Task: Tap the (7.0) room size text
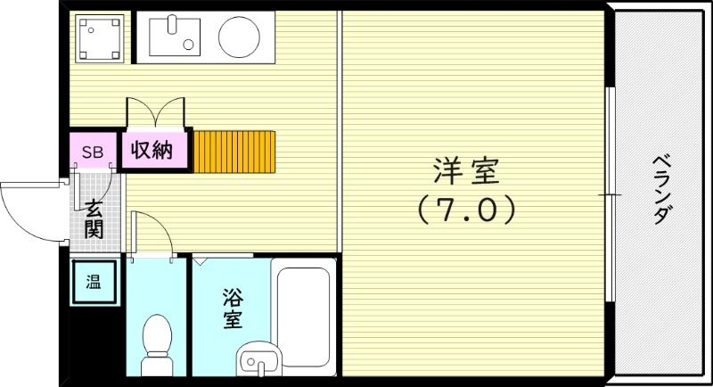(x=466, y=210)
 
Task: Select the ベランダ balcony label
(x=661, y=189)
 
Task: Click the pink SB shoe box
(x=93, y=152)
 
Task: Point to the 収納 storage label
(x=152, y=150)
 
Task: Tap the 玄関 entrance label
(x=94, y=219)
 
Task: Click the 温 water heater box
(x=93, y=284)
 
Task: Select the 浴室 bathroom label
(x=232, y=308)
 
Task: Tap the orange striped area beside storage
(x=234, y=152)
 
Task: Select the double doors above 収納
(x=157, y=114)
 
